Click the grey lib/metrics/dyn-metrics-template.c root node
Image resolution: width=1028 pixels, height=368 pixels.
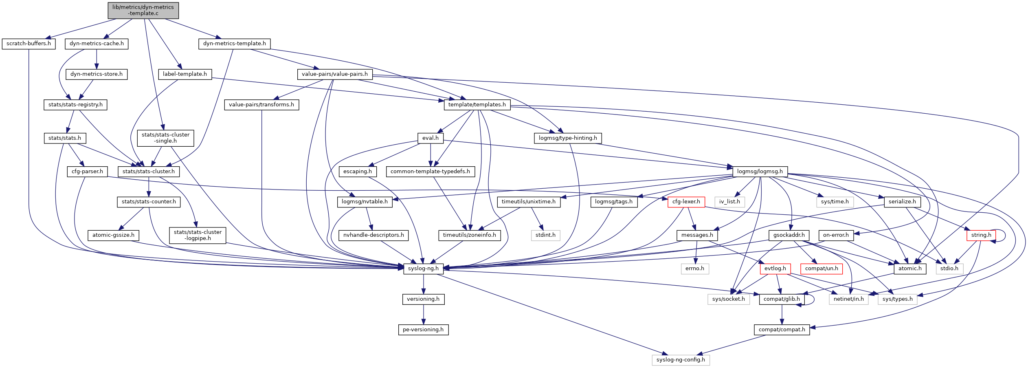(x=143, y=10)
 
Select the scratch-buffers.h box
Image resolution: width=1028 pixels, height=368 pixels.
(x=29, y=44)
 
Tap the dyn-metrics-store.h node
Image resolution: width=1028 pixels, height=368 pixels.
(x=97, y=74)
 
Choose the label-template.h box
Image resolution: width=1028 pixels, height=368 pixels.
(x=185, y=74)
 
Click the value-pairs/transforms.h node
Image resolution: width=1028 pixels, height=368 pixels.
(x=261, y=105)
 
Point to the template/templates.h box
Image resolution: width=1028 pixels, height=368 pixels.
(x=477, y=105)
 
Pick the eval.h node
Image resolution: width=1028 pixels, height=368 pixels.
(x=431, y=138)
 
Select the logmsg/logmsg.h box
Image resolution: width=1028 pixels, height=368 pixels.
(x=760, y=172)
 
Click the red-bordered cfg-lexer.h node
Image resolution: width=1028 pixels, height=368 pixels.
(x=686, y=202)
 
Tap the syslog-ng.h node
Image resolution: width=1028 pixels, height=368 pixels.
(x=424, y=269)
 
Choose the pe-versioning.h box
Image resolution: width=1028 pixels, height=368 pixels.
(x=423, y=330)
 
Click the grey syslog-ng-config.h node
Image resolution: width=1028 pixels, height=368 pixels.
(x=681, y=360)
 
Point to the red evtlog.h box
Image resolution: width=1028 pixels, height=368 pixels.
(x=775, y=269)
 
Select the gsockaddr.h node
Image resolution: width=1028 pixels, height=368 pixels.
(x=789, y=235)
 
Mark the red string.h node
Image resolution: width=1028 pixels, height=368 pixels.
(x=981, y=235)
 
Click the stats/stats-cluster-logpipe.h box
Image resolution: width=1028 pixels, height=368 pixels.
(x=198, y=235)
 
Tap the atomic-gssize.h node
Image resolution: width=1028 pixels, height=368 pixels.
(x=113, y=235)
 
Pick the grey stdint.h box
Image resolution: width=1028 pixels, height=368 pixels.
(x=545, y=235)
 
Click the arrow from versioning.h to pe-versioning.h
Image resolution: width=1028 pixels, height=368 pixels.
(x=424, y=314)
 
